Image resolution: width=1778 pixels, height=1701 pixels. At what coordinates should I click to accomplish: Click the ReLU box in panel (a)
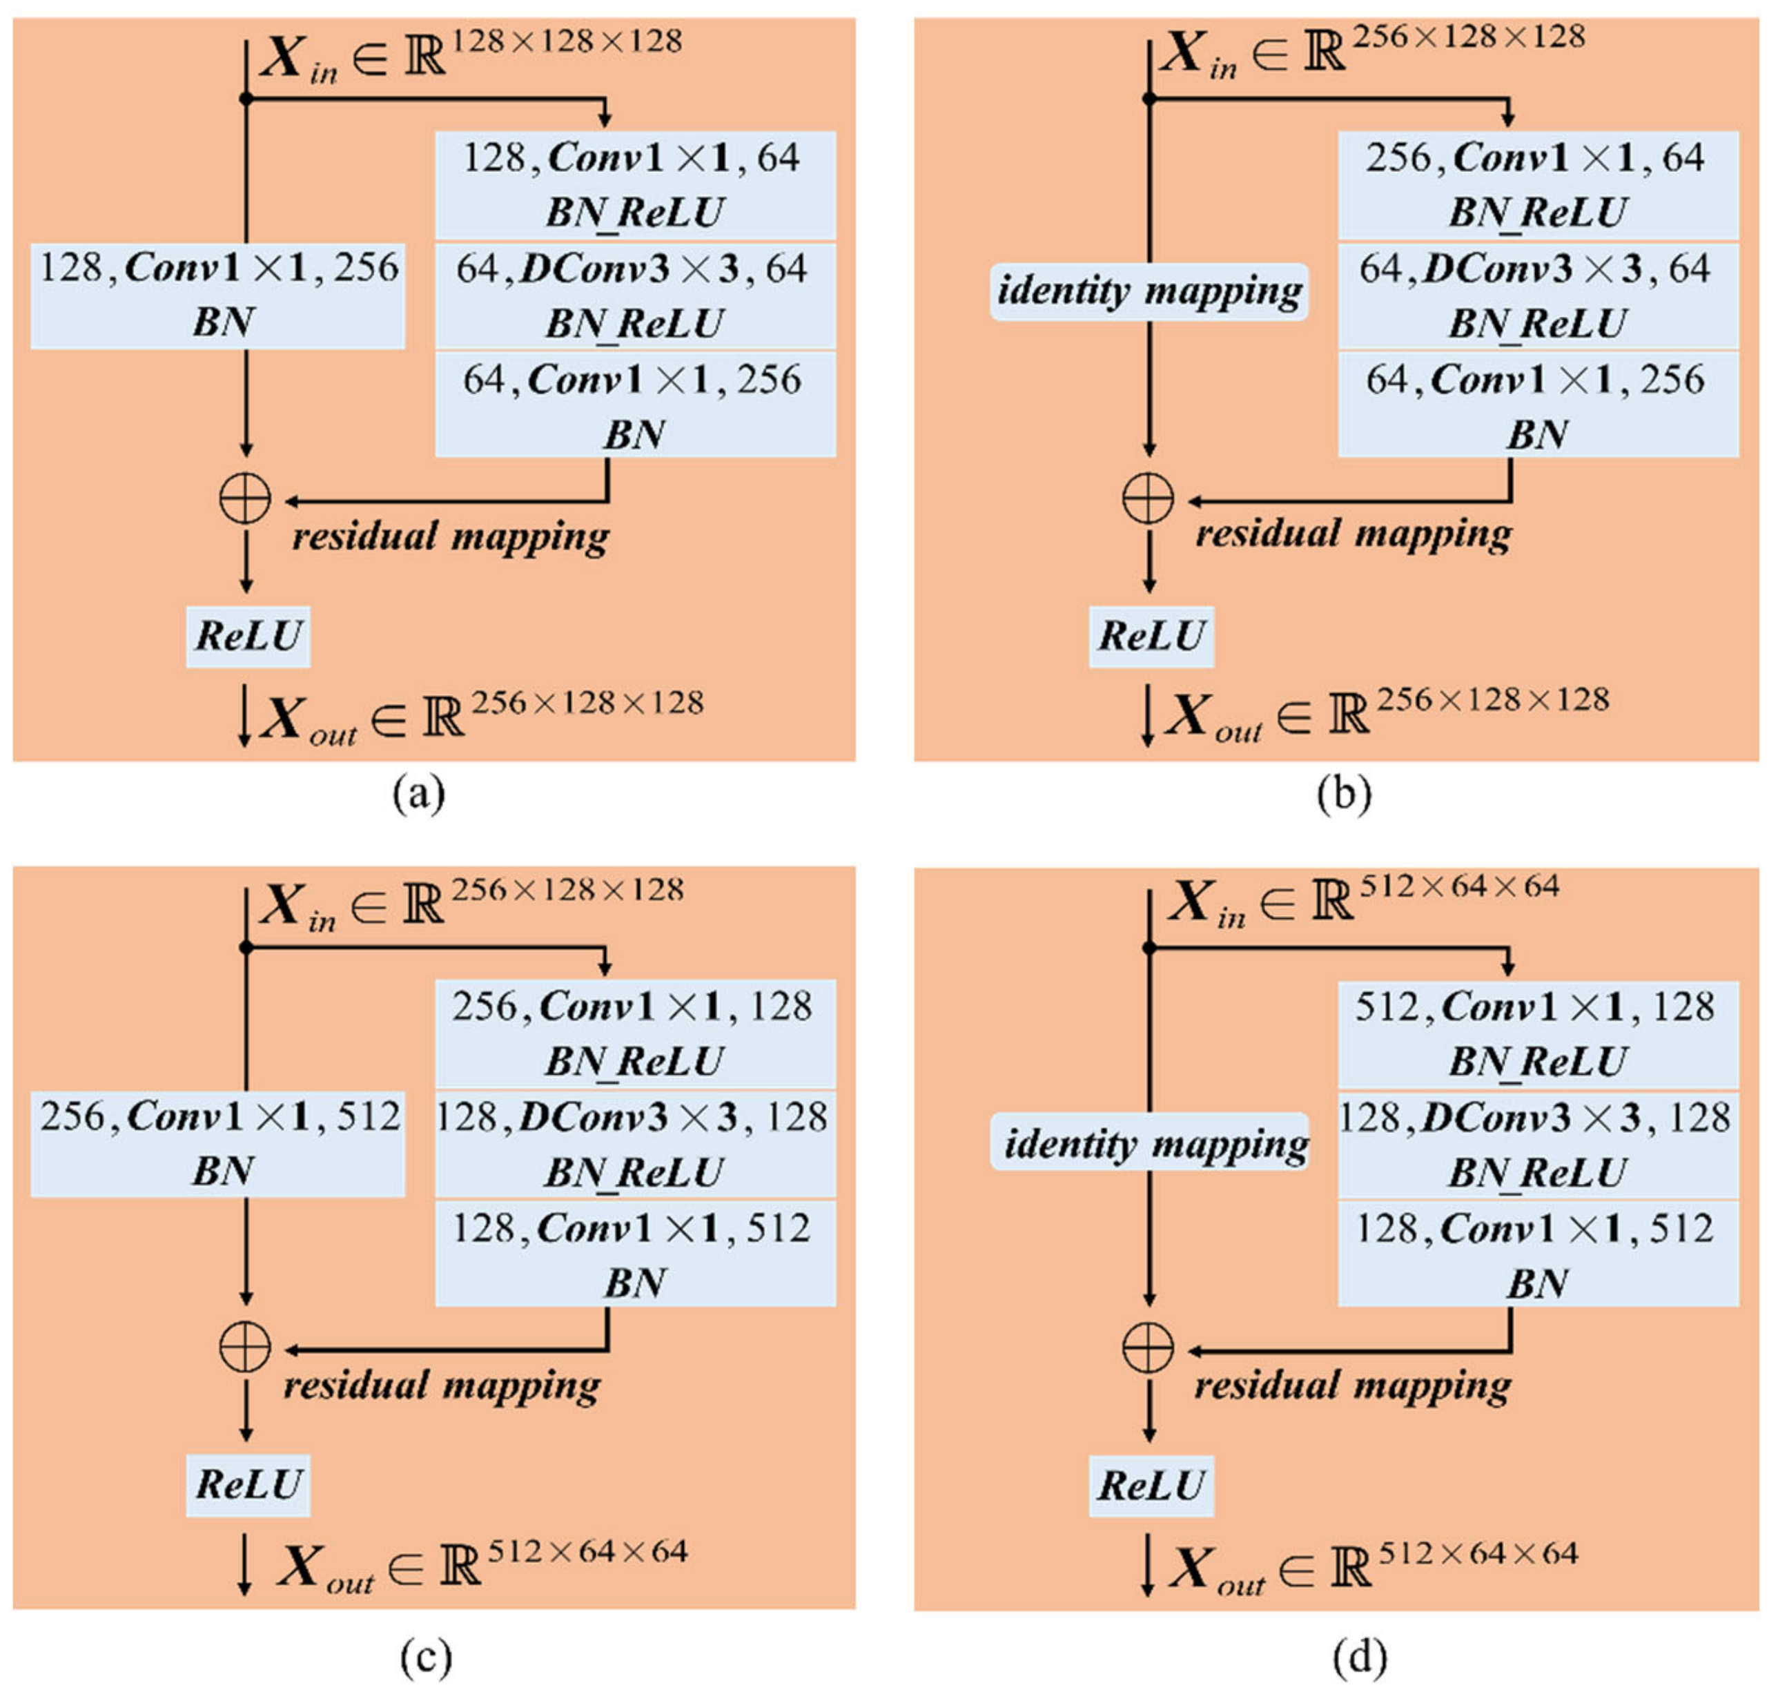click(x=248, y=636)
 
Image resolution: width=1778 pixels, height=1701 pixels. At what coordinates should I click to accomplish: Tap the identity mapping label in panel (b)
click(x=1149, y=291)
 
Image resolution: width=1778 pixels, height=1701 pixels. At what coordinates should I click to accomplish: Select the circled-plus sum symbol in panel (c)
click(x=245, y=1346)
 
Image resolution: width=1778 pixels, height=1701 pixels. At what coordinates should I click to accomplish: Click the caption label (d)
click(x=1359, y=1655)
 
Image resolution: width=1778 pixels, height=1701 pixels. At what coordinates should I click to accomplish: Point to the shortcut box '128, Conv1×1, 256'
click(x=217, y=295)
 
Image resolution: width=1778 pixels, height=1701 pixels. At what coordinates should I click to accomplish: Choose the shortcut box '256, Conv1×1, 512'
click(x=217, y=1143)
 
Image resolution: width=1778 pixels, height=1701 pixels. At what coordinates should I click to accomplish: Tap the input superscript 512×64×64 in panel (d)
click(x=1459, y=886)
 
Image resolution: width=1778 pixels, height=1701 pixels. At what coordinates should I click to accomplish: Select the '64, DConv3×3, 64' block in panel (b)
click(x=1538, y=295)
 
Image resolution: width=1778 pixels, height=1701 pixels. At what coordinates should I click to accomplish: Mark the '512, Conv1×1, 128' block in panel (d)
click(x=1538, y=1033)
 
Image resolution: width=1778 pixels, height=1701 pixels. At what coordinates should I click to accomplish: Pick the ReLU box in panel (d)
click(x=1151, y=1485)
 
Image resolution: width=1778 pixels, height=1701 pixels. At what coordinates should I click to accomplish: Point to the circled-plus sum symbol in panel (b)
click(x=1148, y=498)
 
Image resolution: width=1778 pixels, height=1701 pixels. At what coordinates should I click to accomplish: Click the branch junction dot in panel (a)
click(x=246, y=98)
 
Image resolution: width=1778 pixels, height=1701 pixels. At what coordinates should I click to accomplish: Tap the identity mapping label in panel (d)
click(x=1149, y=1142)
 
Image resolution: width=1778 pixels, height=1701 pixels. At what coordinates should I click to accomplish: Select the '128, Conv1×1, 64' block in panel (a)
click(x=635, y=184)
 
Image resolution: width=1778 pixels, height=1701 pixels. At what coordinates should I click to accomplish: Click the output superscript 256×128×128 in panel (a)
click(x=587, y=703)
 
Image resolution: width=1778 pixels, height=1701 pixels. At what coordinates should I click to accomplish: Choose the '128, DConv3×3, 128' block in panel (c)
click(x=635, y=1143)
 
